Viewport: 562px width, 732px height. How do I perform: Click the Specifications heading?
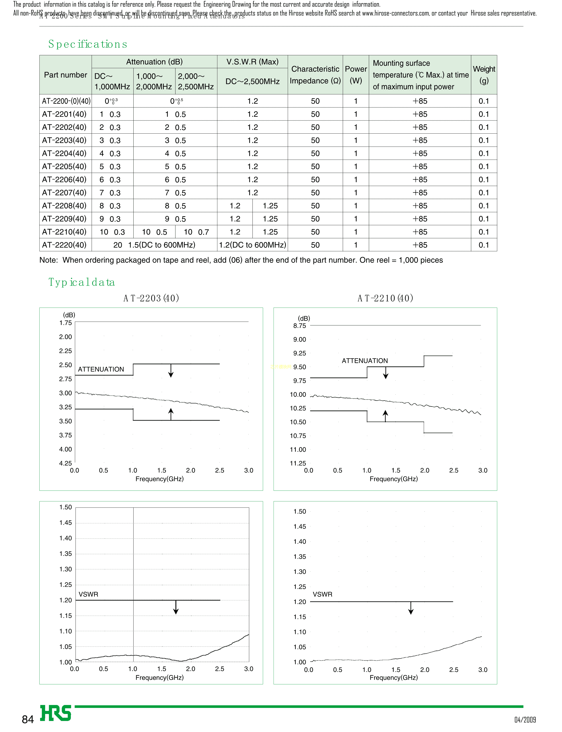point(88,44)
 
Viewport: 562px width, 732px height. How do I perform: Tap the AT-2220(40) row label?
point(64,245)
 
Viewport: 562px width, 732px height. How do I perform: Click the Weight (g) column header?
point(484,75)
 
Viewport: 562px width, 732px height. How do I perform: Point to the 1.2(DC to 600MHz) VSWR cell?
point(252,245)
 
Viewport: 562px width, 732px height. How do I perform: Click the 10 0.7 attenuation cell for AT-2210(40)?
point(196,232)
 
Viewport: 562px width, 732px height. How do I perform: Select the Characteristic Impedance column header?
point(315,75)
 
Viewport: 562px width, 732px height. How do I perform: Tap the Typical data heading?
point(82,282)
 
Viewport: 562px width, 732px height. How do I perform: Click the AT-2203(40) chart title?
point(151,298)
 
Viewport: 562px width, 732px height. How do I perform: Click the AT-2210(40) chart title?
point(385,298)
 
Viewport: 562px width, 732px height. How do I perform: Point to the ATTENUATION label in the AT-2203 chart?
point(101,369)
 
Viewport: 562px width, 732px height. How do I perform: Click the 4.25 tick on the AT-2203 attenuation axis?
point(66,463)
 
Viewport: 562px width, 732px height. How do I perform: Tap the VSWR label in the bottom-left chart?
point(88,594)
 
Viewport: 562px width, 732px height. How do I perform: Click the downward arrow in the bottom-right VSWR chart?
point(411,608)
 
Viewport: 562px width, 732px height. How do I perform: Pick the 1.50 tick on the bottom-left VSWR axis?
point(66,507)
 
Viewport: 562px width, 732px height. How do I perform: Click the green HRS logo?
point(56,713)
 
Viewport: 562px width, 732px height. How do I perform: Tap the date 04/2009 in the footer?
point(525,720)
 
